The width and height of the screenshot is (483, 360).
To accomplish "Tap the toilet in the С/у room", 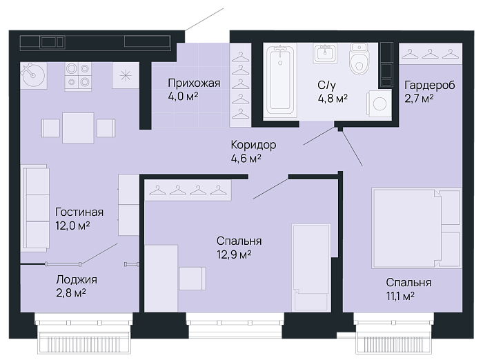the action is pyautogui.click(x=359, y=59).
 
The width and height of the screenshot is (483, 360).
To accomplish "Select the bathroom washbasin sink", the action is pyautogui.click(x=325, y=52).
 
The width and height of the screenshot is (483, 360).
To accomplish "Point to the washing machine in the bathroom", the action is pyautogui.click(x=379, y=103).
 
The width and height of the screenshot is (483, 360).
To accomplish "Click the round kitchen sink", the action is pyautogui.click(x=33, y=75).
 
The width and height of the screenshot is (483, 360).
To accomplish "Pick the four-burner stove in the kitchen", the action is pyautogui.click(x=78, y=77).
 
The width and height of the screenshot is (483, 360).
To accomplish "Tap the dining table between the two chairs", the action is pyautogui.click(x=78, y=128).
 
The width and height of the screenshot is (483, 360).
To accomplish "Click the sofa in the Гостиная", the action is pyautogui.click(x=35, y=208).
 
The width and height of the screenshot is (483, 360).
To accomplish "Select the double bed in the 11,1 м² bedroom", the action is pyautogui.click(x=417, y=228).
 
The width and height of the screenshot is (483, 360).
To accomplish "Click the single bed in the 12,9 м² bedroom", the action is pyautogui.click(x=311, y=268).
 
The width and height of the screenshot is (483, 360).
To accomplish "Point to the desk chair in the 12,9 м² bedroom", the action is pyautogui.click(x=193, y=279).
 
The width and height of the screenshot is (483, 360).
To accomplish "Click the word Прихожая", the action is pyautogui.click(x=194, y=83).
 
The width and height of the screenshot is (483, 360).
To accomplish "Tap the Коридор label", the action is pyautogui.click(x=253, y=145).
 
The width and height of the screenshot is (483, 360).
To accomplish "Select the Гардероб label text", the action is pyautogui.click(x=430, y=85).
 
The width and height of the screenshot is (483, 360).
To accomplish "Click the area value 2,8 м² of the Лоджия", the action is pyautogui.click(x=71, y=293).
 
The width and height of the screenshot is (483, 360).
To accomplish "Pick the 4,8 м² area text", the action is pyautogui.click(x=333, y=98).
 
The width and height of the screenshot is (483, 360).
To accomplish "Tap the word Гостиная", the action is pyautogui.click(x=79, y=212).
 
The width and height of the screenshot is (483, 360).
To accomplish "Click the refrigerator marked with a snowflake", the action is pyautogui.click(x=126, y=75).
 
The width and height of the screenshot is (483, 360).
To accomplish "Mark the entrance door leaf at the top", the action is pyautogui.click(x=204, y=20).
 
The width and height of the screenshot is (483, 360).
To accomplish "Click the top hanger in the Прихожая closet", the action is pyautogui.click(x=240, y=57).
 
